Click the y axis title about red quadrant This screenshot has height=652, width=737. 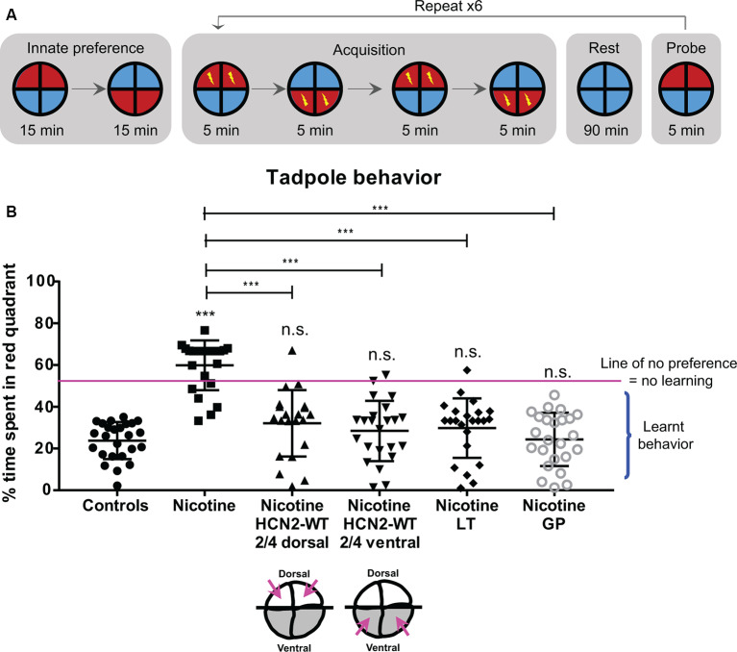[x=13, y=385]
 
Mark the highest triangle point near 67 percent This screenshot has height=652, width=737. [x=291, y=350]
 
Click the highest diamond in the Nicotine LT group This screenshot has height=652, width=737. [x=466, y=370]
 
